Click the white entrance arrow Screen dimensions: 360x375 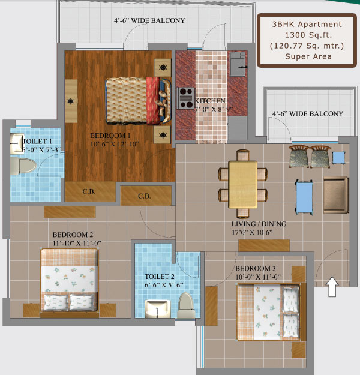[x=332, y=287]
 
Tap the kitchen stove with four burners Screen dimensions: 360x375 [x=186, y=98]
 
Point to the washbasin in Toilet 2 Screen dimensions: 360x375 [x=158, y=308]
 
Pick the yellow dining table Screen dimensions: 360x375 [x=243, y=185]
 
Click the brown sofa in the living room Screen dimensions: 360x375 [x=336, y=195]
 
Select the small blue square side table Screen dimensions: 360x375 [x=338, y=158]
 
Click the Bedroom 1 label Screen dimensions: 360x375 [x=110, y=136]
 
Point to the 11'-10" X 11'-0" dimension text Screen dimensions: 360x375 [x=77, y=243]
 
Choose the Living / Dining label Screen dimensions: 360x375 [x=259, y=224]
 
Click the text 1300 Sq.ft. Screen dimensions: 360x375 [x=308, y=35]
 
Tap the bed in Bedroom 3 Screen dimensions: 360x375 [x=268, y=312]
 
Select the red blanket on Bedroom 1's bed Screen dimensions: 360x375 [x=153, y=100]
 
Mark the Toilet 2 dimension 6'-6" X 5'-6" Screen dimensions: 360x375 [x=164, y=285]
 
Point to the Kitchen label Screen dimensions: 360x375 [x=210, y=101]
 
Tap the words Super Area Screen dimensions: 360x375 [x=308, y=56]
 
